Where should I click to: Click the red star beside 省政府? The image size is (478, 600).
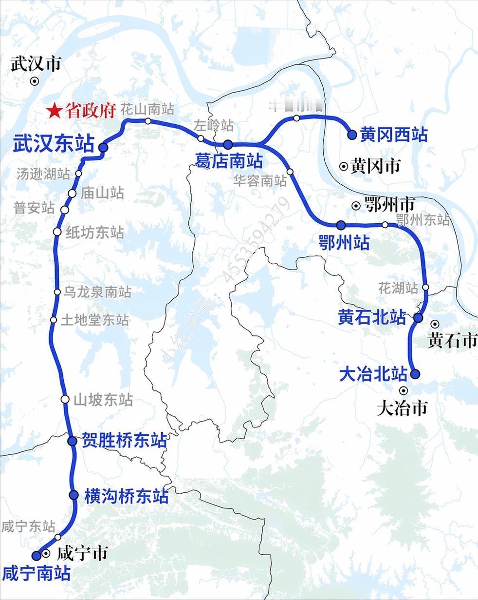click(54, 111)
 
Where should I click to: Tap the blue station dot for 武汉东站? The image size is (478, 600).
click(103, 147)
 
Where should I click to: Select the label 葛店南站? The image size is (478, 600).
click(229, 161)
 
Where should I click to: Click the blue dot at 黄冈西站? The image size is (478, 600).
click(352, 135)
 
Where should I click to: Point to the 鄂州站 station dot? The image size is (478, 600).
click(341, 225)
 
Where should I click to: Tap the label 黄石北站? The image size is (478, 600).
click(372, 318)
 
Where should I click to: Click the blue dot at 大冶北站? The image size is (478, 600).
click(415, 374)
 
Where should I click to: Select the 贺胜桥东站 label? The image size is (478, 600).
click(124, 441)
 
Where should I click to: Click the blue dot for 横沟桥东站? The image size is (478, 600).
click(74, 495)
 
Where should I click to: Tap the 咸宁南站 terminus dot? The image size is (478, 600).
click(36, 555)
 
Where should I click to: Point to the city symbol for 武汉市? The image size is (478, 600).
click(34, 81)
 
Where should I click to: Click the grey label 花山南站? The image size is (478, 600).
click(147, 109)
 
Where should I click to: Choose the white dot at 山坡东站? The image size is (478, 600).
click(65, 399)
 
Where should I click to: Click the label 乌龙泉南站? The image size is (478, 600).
click(98, 292)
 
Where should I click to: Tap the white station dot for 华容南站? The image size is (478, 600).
click(290, 172)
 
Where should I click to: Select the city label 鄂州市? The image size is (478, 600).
click(389, 205)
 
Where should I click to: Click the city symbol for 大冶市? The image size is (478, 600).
click(403, 390)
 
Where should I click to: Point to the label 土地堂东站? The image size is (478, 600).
click(95, 320)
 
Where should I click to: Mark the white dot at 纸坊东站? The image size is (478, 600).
click(57, 232)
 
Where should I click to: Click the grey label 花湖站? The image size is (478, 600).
click(398, 288)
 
